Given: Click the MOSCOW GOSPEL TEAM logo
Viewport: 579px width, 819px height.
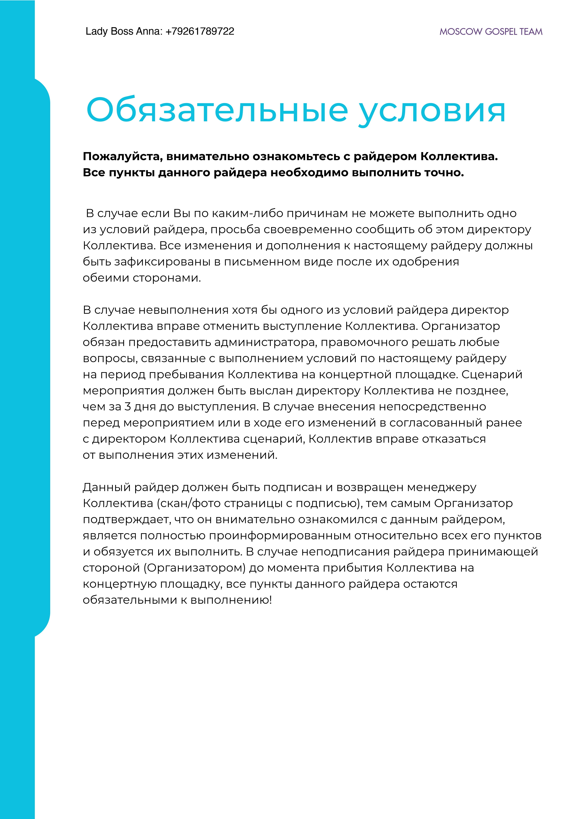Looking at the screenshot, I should coord(491,32).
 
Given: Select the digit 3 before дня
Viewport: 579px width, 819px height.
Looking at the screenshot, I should coord(127,407).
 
